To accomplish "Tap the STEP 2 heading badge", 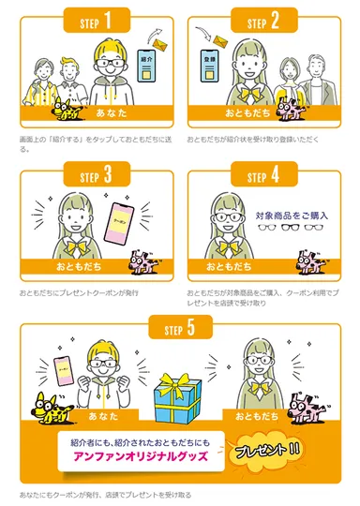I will click(x=265, y=18).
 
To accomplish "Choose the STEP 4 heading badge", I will click(x=265, y=175).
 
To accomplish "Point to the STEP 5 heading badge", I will click(x=181, y=327).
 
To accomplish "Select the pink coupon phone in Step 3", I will click(x=124, y=222).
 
